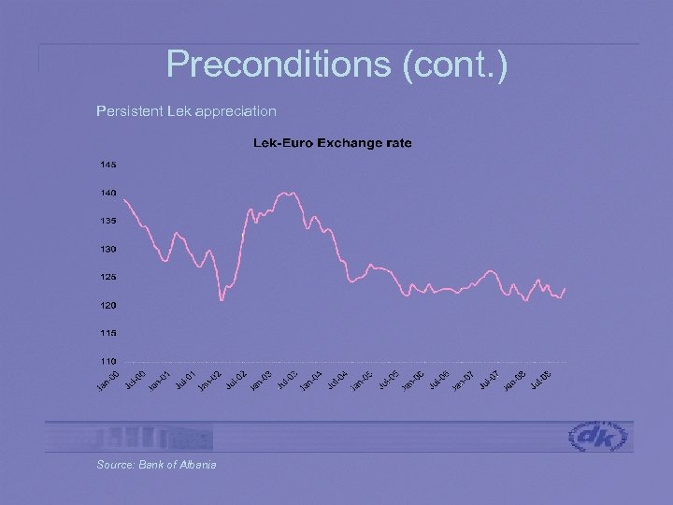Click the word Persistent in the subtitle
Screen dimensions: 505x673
point(129,111)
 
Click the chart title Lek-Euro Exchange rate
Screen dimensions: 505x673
point(332,143)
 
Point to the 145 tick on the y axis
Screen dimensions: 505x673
point(108,165)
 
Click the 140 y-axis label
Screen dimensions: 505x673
point(108,193)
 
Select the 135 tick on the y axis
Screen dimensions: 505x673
point(108,221)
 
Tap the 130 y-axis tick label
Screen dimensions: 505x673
point(108,249)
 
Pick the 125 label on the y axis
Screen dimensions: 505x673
point(108,277)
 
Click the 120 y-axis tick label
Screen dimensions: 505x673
point(108,305)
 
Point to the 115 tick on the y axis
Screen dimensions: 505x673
point(108,333)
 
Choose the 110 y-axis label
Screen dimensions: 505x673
point(108,361)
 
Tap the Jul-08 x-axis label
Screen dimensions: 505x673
point(540,380)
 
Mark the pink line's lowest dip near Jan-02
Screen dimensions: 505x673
point(222,300)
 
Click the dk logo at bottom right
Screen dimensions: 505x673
point(599,436)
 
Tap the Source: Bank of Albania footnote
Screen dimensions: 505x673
point(156,465)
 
